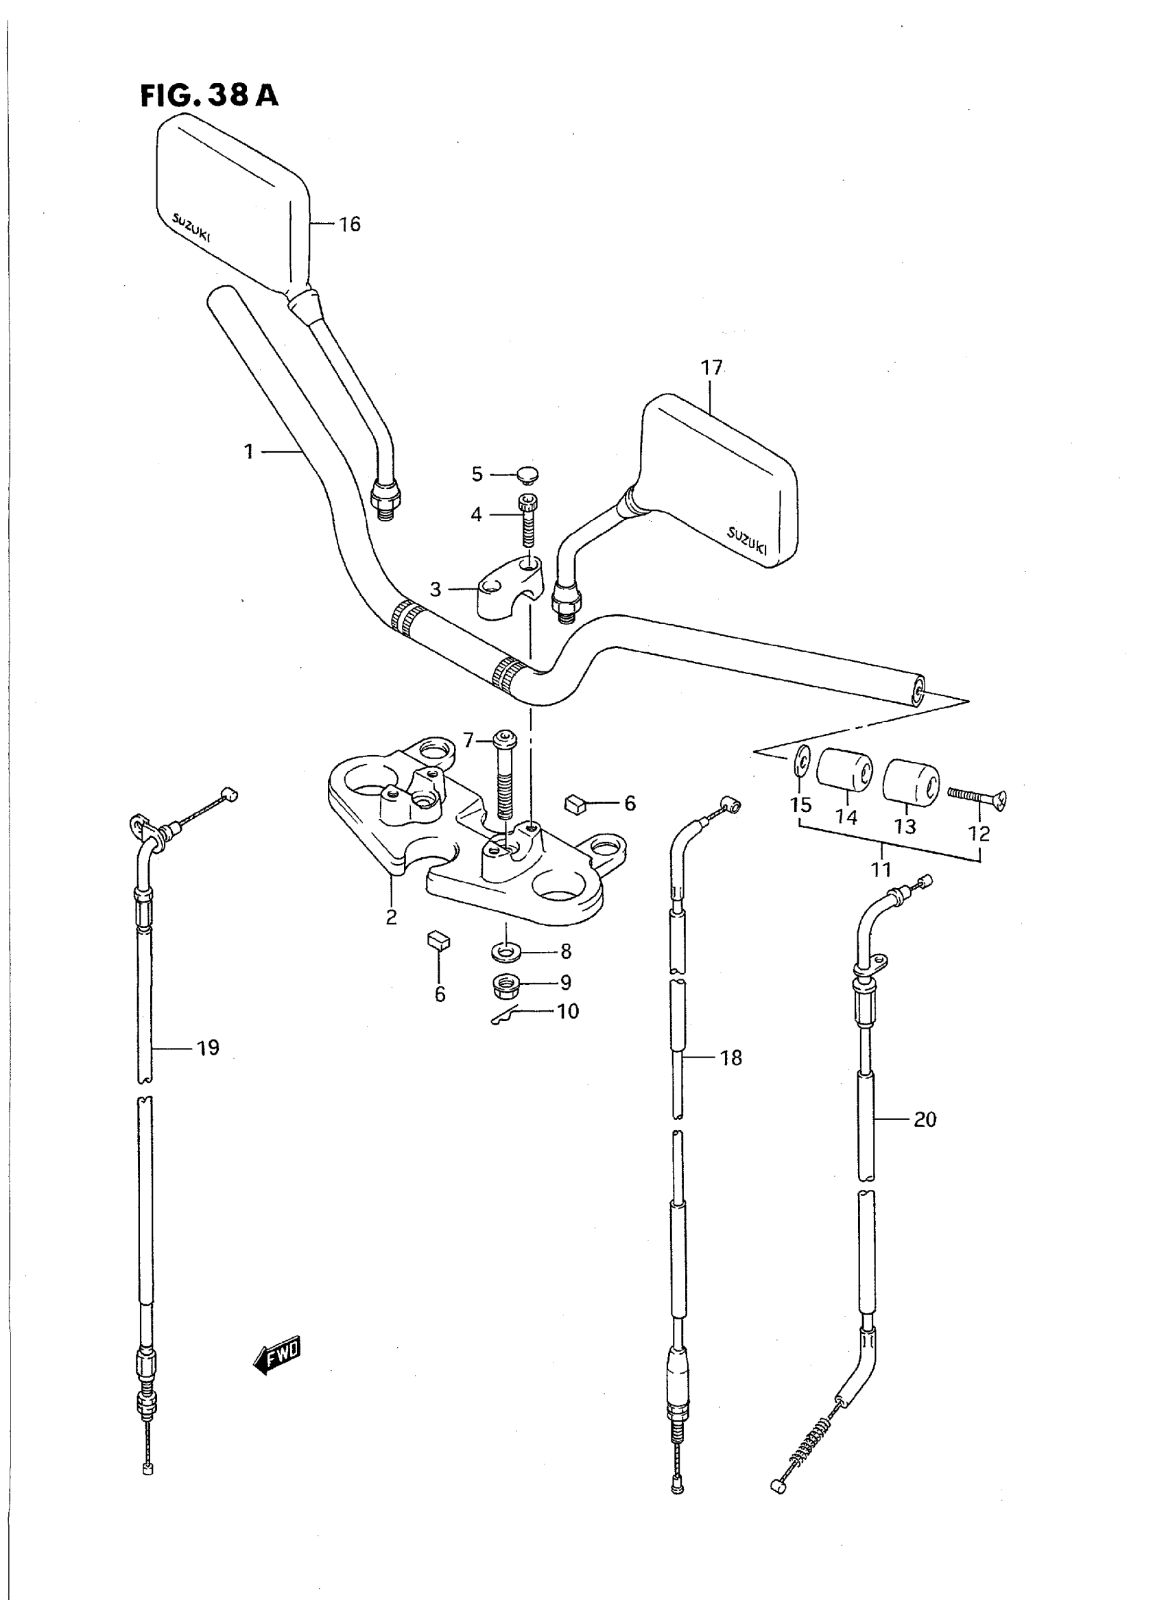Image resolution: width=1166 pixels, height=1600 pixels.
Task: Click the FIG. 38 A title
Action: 209,95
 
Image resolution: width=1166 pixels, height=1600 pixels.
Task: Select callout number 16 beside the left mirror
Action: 349,224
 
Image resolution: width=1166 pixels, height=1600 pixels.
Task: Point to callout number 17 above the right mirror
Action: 711,368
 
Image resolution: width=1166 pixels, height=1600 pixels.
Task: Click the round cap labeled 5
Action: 526,475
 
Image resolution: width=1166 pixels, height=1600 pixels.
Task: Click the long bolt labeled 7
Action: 505,776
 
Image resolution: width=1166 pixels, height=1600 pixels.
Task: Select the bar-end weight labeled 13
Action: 910,781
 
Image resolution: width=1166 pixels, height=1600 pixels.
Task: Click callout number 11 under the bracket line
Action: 881,870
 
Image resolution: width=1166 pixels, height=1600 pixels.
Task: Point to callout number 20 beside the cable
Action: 925,1119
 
